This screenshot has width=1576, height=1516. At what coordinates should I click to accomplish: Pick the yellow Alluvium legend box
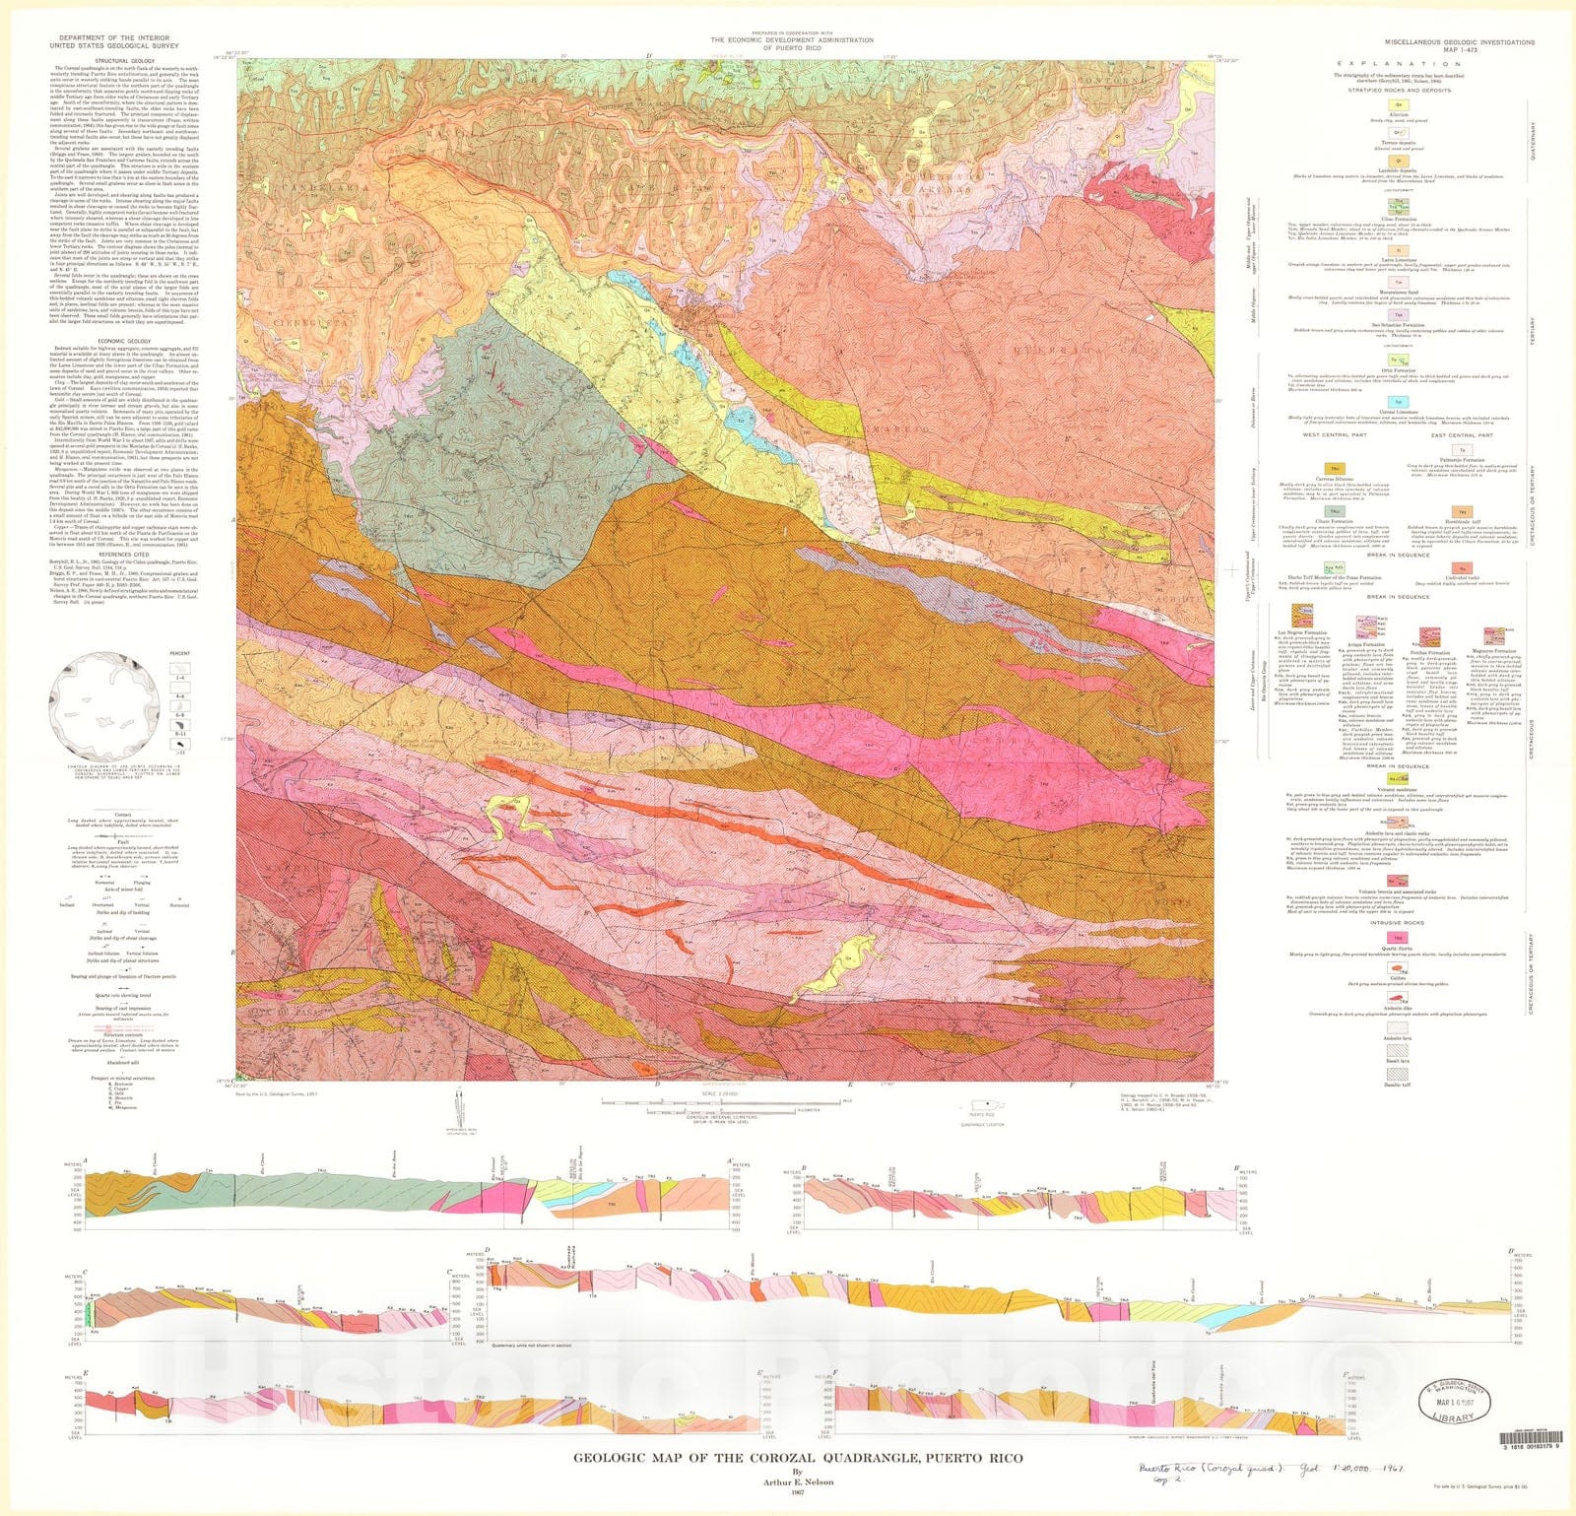pyautogui.click(x=1398, y=103)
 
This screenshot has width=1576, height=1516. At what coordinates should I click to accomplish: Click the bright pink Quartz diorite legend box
pyautogui.click(x=1398, y=938)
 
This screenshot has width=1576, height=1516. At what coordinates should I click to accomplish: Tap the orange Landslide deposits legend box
pyautogui.click(x=1398, y=160)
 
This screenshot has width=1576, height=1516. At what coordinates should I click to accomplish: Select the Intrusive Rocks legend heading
pyautogui.click(x=1398, y=923)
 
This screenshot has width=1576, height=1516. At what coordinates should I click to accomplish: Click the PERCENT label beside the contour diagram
pyautogui.click(x=179, y=653)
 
